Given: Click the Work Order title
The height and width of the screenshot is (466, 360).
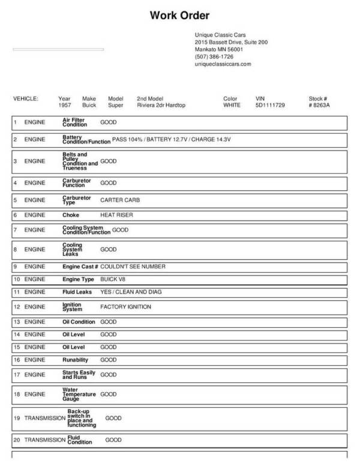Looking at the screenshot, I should coord(179,15).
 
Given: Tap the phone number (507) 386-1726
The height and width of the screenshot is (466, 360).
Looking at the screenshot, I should coord(214,56).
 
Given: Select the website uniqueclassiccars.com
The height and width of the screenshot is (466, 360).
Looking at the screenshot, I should coord(223,64).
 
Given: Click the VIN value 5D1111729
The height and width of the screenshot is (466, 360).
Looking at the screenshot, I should coord(270,105).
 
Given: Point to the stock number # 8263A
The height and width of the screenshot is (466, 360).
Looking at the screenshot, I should coord(319,105).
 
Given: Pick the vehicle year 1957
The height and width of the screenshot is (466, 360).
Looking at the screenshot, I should coord(65,105).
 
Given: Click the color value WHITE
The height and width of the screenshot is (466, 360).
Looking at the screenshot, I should coord(232,105).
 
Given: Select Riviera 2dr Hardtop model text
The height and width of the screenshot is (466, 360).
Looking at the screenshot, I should coord(161,105).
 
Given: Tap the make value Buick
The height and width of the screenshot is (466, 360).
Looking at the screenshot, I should coord(89,105).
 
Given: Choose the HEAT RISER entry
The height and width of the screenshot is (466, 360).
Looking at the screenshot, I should coord(116,214).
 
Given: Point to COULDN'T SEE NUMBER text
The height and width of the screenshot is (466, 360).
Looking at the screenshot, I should coord(133,266).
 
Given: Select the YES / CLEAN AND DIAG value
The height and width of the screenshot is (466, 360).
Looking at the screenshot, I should coord(130,292).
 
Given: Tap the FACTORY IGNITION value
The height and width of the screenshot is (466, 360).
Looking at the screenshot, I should coord(125,307).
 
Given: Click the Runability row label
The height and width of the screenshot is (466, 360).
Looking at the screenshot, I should coord(76,360).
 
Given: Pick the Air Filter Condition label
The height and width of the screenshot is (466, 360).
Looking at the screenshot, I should coord(75,122).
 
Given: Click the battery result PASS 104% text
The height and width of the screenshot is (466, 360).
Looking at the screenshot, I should coord(128,139).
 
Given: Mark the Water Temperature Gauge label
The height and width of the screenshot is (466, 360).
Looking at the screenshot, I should coord(79,395).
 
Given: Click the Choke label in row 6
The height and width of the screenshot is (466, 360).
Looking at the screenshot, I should coord(71,214).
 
